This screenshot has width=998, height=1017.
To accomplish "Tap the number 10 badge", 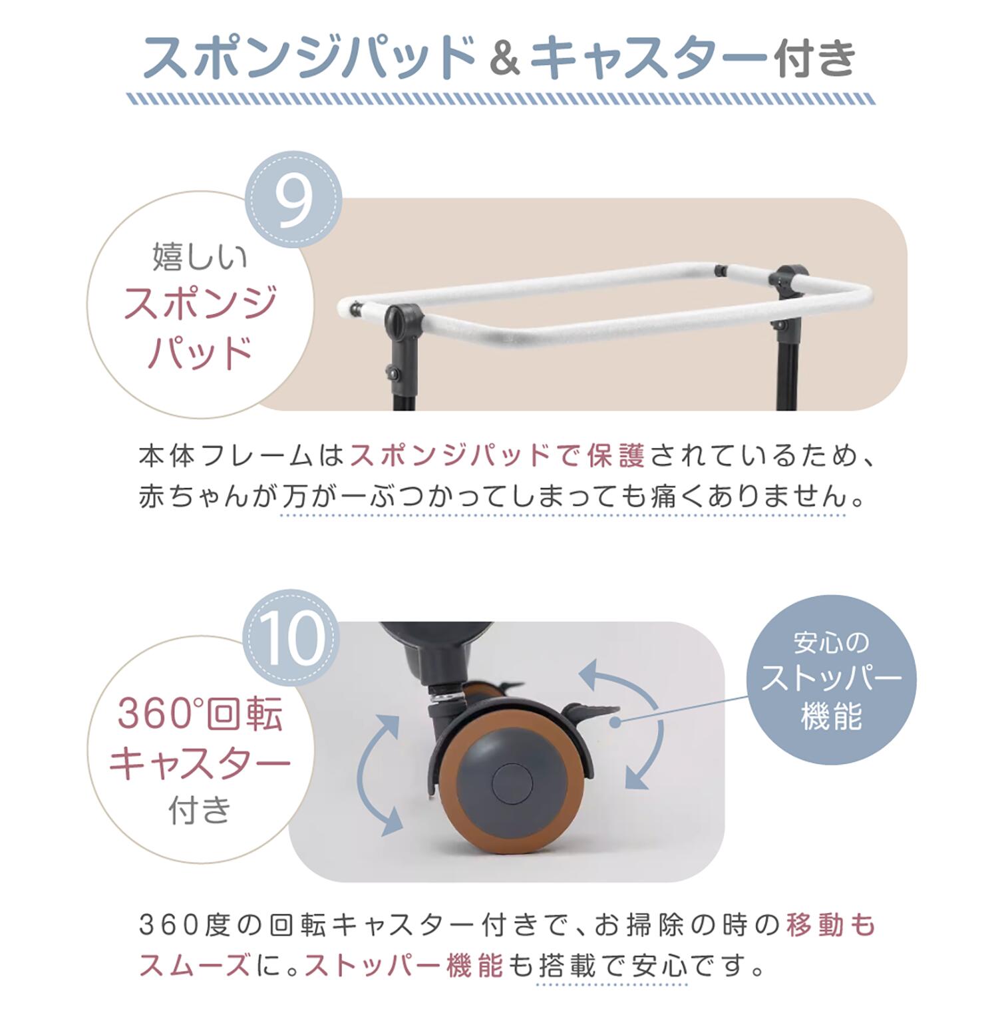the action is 291,637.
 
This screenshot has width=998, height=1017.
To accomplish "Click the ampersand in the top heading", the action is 504,57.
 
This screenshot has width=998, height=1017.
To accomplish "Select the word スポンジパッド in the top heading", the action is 309,57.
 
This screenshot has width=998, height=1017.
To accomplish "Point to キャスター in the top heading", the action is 648,57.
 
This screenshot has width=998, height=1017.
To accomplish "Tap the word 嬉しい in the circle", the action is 200,256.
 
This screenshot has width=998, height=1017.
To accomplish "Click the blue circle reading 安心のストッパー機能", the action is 831,680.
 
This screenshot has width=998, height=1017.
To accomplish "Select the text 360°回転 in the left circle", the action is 200,713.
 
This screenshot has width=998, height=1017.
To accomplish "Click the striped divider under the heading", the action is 500,99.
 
